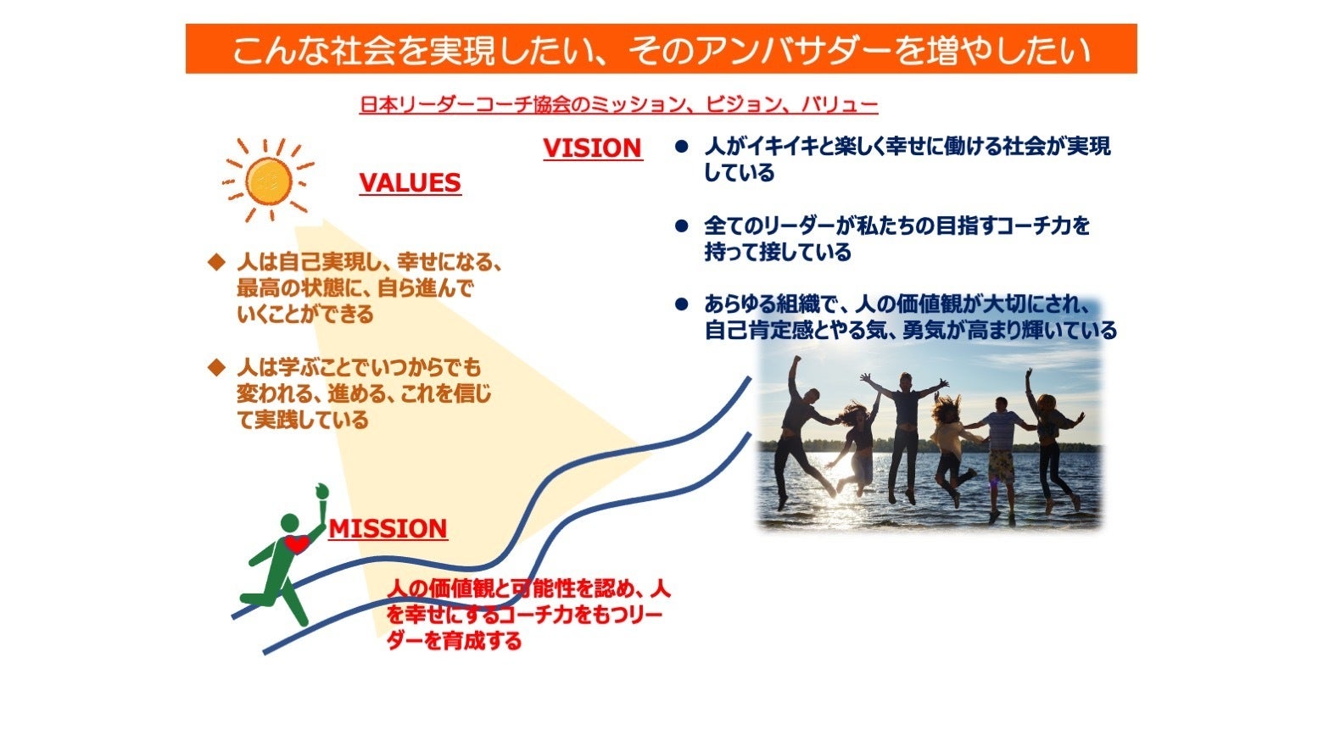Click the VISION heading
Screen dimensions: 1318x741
[592, 148]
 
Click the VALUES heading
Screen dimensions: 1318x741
[410, 183]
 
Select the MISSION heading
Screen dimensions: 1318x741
[388, 529]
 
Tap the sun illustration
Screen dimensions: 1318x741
[268, 181]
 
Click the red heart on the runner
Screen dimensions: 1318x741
[297, 544]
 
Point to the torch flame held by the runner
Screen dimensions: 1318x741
[321, 491]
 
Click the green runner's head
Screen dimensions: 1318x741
[289, 523]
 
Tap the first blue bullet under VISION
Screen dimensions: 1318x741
[682, 147]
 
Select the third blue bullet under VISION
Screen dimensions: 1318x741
[682, 304]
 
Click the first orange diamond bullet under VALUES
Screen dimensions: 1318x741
[217, 262]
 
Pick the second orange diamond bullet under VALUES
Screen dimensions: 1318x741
[217, 368]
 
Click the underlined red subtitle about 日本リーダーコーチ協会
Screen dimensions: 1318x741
[618, 104]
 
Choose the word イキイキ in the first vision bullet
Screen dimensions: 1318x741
[783, 147]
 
